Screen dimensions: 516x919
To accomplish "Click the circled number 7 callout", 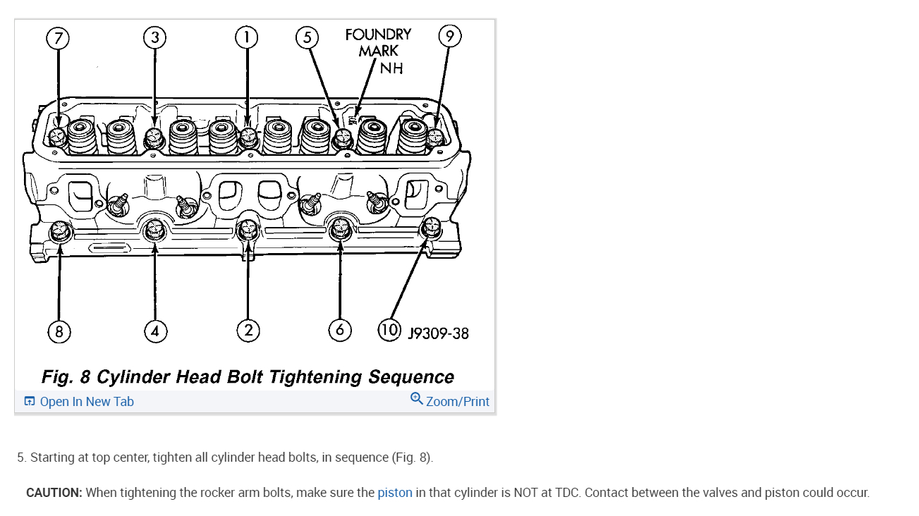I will [x=58, y=38].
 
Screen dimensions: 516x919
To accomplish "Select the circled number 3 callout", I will [x=154, y=37].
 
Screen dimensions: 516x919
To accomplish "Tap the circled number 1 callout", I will [x=246, y=37].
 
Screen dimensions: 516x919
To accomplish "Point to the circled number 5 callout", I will [x=307, y=37].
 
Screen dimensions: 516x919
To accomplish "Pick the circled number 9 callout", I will [x=450, y=36].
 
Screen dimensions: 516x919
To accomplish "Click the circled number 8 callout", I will [x=59, y=331].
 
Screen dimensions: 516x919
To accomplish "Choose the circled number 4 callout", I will [x=155, y=331].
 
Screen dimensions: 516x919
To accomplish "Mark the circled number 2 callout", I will [x=248, y=331].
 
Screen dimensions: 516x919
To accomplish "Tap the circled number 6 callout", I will [x=340, y=330].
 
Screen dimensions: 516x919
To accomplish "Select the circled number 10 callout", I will [x=390, y=330].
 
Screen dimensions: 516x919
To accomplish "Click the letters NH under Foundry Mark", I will [x=391, y=68].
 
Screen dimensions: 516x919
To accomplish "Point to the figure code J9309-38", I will [x=438, y=333].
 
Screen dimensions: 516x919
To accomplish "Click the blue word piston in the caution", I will [x=395, y=493].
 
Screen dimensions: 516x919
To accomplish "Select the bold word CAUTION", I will [x=54, y=493].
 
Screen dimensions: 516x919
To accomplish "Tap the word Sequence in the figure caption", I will [x=411, y=377].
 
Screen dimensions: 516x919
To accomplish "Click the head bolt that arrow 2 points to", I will [x=248, y=230].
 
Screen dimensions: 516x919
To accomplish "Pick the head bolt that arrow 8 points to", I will [x=59, y=230].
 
